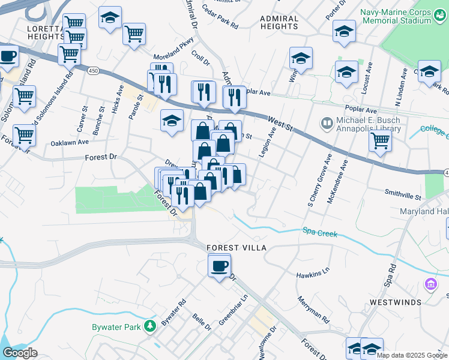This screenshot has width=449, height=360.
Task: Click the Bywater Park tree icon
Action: [x=149, y=326]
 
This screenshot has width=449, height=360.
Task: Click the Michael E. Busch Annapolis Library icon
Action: [x=327, y=124]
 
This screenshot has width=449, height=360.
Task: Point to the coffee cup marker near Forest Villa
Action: [x=219, y=265]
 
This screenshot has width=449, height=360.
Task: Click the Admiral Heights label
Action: [x=279, y=23]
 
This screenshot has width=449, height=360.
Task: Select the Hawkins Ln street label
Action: [x=313, y=275]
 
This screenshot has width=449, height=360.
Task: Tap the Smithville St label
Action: [x=403, y=195]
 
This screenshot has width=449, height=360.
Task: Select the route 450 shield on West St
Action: [x=93, y=71]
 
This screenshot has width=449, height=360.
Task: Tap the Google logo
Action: [x=20, y=353]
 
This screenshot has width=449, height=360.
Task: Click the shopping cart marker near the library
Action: [x=381, y=142]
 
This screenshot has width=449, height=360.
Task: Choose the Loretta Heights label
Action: [x=45, y=32]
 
